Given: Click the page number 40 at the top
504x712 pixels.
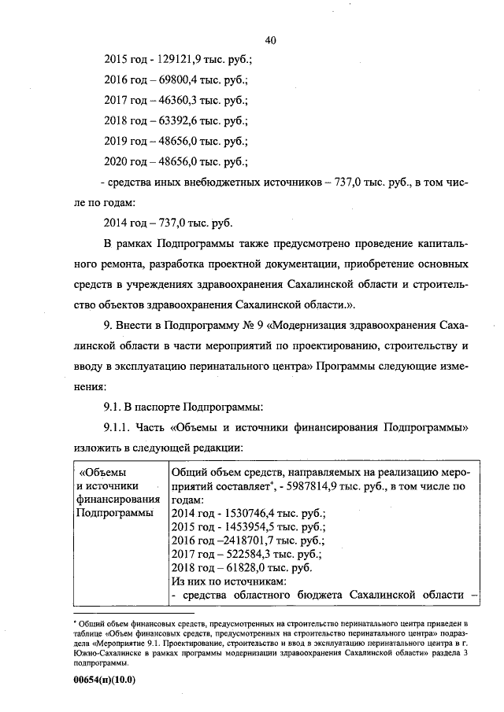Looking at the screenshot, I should click(x=271, y=40).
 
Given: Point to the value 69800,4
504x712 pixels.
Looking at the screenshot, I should click(x=179, y=80).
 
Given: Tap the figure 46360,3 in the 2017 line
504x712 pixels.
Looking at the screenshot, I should click(x=179, y=101).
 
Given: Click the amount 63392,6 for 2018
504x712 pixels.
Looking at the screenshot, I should click(x=179, y=121).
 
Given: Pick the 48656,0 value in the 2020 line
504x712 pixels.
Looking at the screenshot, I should click(x=179, y=162).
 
